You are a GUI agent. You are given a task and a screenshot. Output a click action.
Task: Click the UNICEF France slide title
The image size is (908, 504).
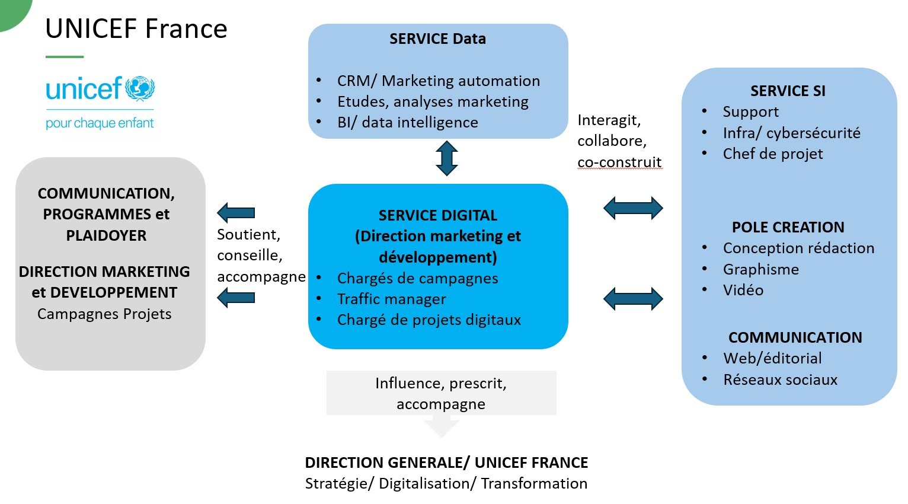point(136,29)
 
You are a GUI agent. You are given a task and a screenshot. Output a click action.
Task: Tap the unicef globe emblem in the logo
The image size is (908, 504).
point(140,89)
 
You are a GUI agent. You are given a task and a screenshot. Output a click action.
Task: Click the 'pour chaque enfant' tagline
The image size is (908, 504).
point(100,123)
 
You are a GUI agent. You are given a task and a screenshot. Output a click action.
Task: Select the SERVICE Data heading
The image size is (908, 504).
point(437,39)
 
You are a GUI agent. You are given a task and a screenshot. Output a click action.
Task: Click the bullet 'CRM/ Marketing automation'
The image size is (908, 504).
point(438,81)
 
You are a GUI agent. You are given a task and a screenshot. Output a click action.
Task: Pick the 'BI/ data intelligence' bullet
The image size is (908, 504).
point(407,122)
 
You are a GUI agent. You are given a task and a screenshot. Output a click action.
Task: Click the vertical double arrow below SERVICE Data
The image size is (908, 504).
point(446,158)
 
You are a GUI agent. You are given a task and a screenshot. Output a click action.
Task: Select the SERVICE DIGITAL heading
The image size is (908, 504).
point(437,215)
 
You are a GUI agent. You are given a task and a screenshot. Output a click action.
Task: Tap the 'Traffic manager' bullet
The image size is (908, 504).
point(391,299)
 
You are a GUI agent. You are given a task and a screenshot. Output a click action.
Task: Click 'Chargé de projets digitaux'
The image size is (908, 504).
point(429,320)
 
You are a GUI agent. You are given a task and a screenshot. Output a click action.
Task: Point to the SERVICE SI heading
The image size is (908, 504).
point(787,91)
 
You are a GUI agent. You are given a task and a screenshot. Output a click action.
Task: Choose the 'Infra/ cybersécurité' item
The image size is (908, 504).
point(791,133)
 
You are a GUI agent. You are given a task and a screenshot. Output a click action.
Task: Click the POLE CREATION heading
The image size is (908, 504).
point(788,228)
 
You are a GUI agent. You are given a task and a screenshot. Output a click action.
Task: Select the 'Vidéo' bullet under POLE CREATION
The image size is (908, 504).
point(743,290)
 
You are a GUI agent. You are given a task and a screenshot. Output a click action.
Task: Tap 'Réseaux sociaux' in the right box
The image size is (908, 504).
point(780,379)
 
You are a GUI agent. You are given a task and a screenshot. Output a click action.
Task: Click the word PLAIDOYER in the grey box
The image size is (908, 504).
point(106,235)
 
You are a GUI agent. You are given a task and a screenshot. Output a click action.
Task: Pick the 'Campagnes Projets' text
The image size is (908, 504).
point(104,314)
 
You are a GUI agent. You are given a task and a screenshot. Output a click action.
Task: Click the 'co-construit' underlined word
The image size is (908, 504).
point(619,162)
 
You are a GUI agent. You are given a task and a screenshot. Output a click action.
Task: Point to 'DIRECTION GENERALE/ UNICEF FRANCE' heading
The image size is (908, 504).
point(446,462)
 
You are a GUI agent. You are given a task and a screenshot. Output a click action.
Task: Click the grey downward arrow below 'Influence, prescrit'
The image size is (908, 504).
point(442,427)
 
